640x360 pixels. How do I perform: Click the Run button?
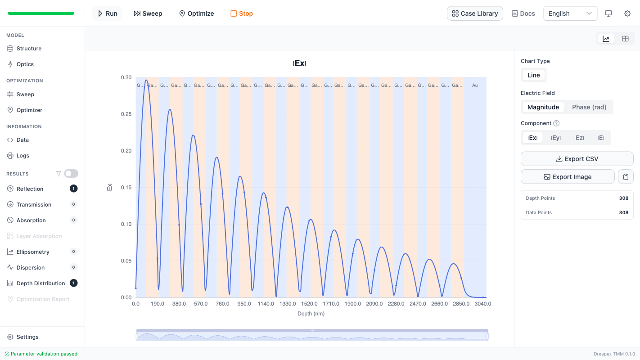pos(108,13)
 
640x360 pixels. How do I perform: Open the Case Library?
pos(475,13)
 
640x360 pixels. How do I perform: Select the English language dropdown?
pos(570,13)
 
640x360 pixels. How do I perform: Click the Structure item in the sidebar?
pos(29,49)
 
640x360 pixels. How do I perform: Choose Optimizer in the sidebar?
pos(29,110)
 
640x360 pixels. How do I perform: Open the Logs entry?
pos(23,156)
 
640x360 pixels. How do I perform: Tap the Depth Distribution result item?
pos(41,283)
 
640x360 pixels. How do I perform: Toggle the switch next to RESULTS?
pos(71,174)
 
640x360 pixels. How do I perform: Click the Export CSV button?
pos(577,159)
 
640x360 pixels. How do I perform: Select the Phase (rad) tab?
pos(589,107)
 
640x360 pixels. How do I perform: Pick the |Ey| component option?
pos(556,138)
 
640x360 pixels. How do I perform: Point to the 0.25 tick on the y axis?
pos(126,114)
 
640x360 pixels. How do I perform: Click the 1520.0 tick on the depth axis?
pos(309,304)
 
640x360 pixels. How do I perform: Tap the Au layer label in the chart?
pos(475,85)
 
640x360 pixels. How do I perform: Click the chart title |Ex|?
pos(299,63)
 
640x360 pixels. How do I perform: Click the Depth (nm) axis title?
pos(311,314)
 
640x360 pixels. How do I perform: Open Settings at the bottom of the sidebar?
pos(27,337)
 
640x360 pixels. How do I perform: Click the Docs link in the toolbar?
pos(523,13)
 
